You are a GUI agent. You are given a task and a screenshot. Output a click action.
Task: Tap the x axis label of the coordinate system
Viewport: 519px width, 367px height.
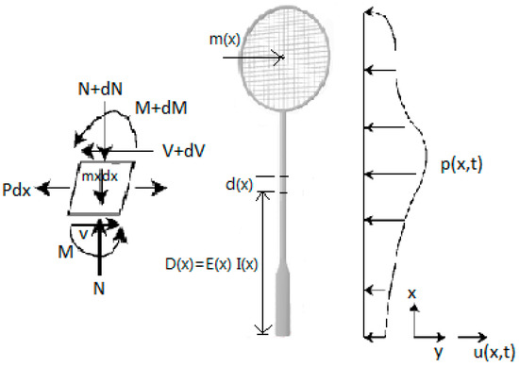412,295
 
